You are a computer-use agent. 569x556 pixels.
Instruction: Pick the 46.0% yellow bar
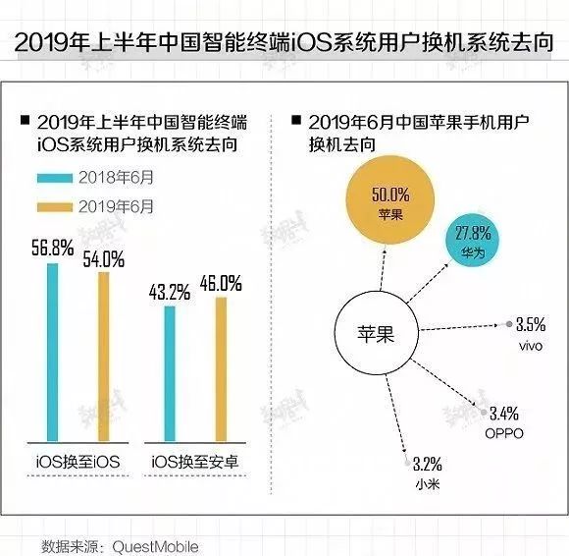coord(221,368)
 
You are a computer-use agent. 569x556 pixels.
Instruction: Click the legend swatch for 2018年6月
coord(66,179)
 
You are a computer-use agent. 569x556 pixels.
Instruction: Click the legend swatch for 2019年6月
coord(66,208)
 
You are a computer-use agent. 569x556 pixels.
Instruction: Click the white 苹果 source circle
coord(374,334)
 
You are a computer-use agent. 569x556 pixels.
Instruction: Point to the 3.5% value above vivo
coord(530,325)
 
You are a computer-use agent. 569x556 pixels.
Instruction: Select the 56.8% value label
coord(53,249)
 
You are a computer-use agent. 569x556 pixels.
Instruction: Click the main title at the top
coord(284,43)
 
